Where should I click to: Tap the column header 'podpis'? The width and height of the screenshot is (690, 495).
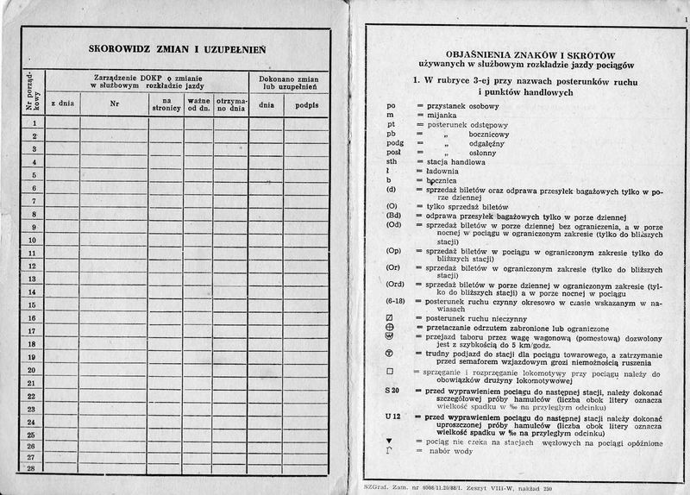click(305, 104)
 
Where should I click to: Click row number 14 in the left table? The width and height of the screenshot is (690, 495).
click(33, 291)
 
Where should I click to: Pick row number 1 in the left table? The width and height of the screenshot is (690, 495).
click(33, 122)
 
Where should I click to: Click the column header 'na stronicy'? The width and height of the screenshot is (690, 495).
click(166, 103)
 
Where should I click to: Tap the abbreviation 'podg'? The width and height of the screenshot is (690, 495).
click(395, 142)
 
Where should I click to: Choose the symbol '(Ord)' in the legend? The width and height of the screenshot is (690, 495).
click(397, 284)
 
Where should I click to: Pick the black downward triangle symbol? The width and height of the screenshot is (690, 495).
click(391, 439)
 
